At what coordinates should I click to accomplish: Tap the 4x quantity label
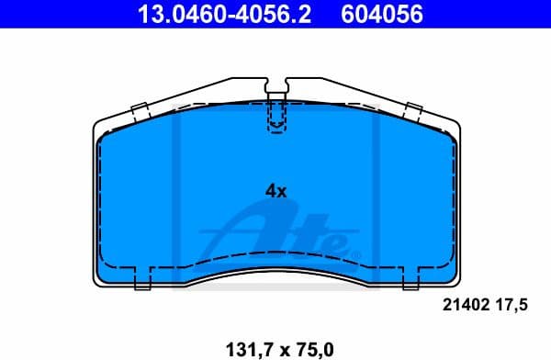point(275,191)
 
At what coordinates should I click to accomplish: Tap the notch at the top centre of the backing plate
point(276,88)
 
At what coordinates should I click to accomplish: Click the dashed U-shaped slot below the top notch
point(276,118)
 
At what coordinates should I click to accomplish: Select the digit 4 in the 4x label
point(270,191)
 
